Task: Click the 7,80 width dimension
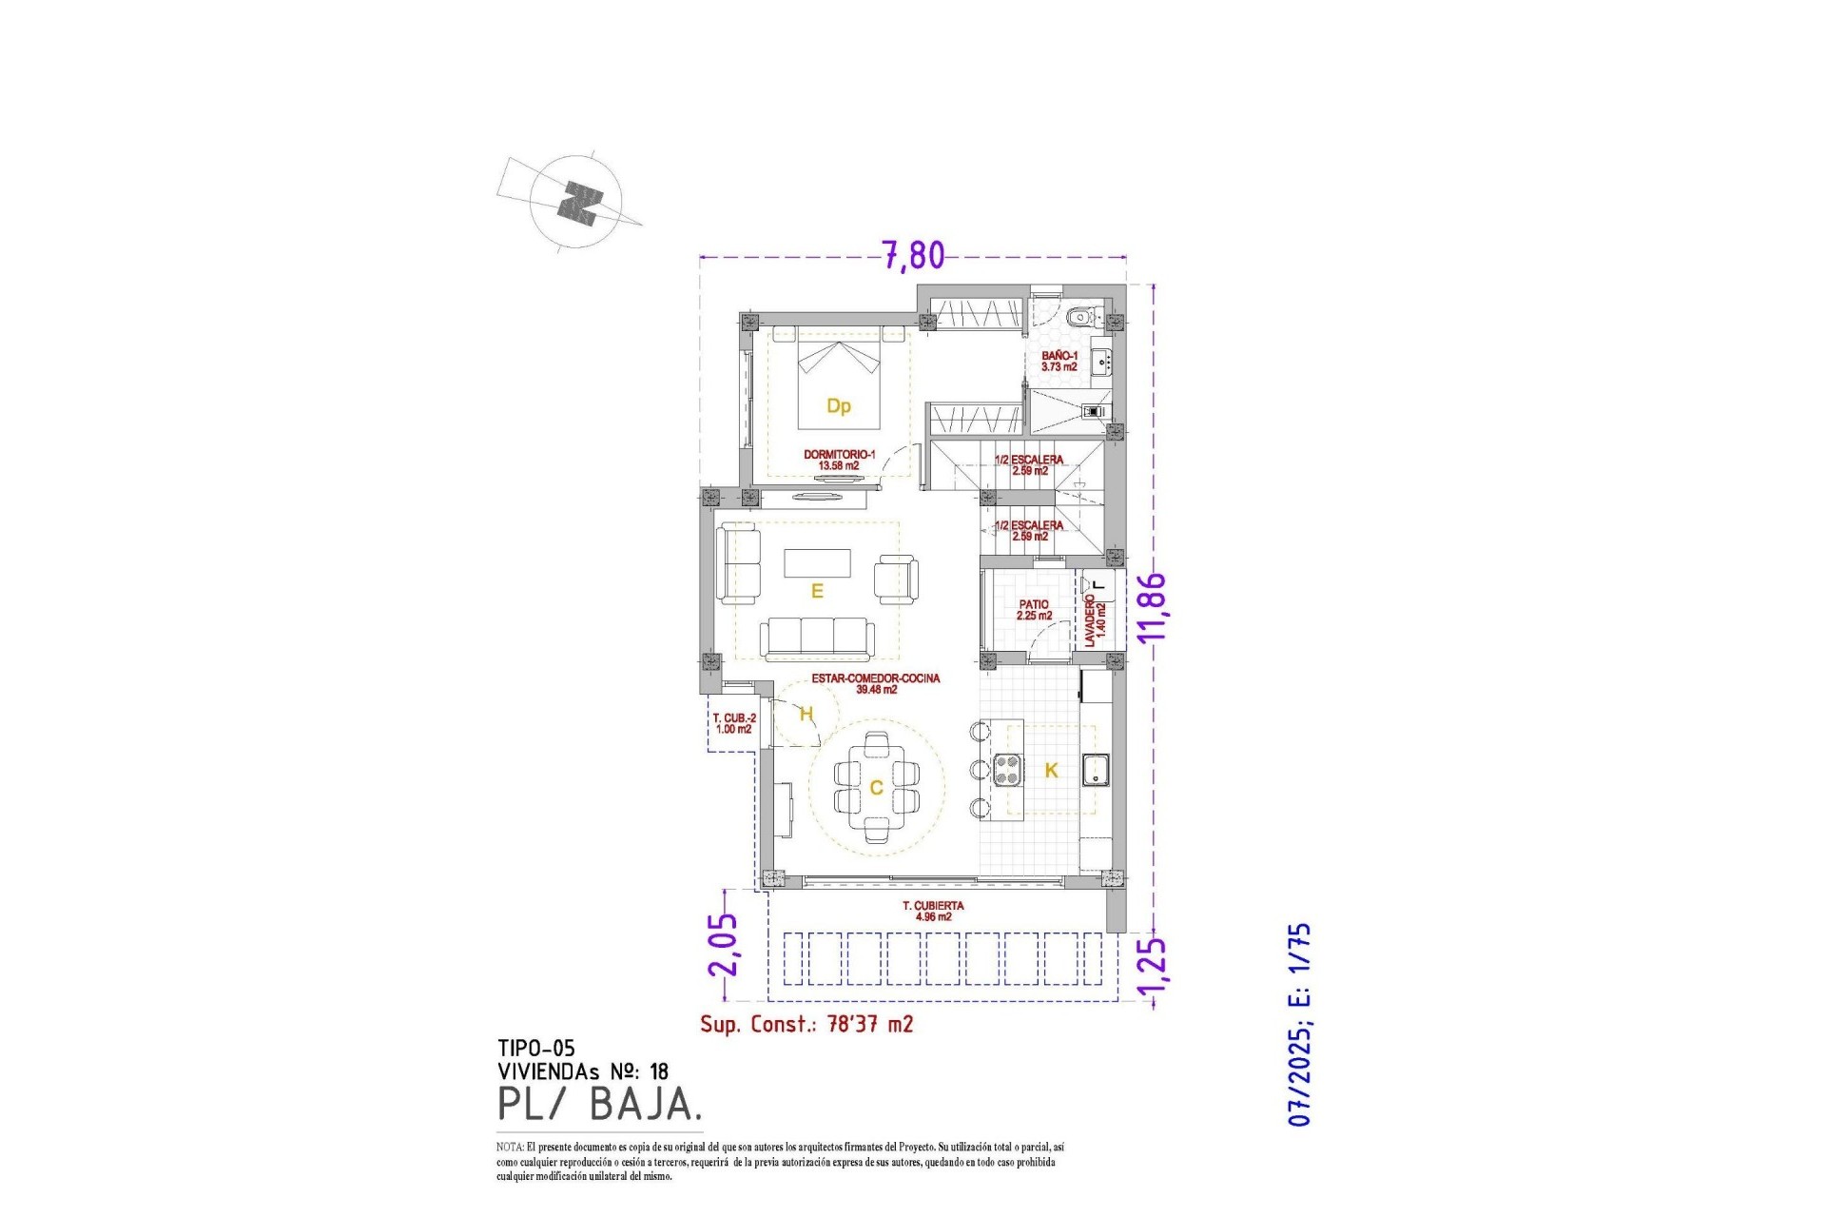(x=913, y=255)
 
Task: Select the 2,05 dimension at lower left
(x=723, y=944)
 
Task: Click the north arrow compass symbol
(x=576, y=202)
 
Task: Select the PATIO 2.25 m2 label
(x=1034, y=610)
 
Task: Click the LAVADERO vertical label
(x=1095, y=620)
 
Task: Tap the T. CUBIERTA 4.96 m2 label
(x=933, y=911)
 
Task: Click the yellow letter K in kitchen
(x=1051, y=771)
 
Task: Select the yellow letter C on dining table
(x=876, y=788)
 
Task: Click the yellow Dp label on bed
(x=838, y=406)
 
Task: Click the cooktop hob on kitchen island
(x=1007, y=769)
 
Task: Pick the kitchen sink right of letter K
(x=1097, y=769)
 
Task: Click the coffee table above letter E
(x=817, y=562)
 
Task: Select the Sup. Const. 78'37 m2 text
(x=806, y=1024)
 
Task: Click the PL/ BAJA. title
(x=599, y=1104)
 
